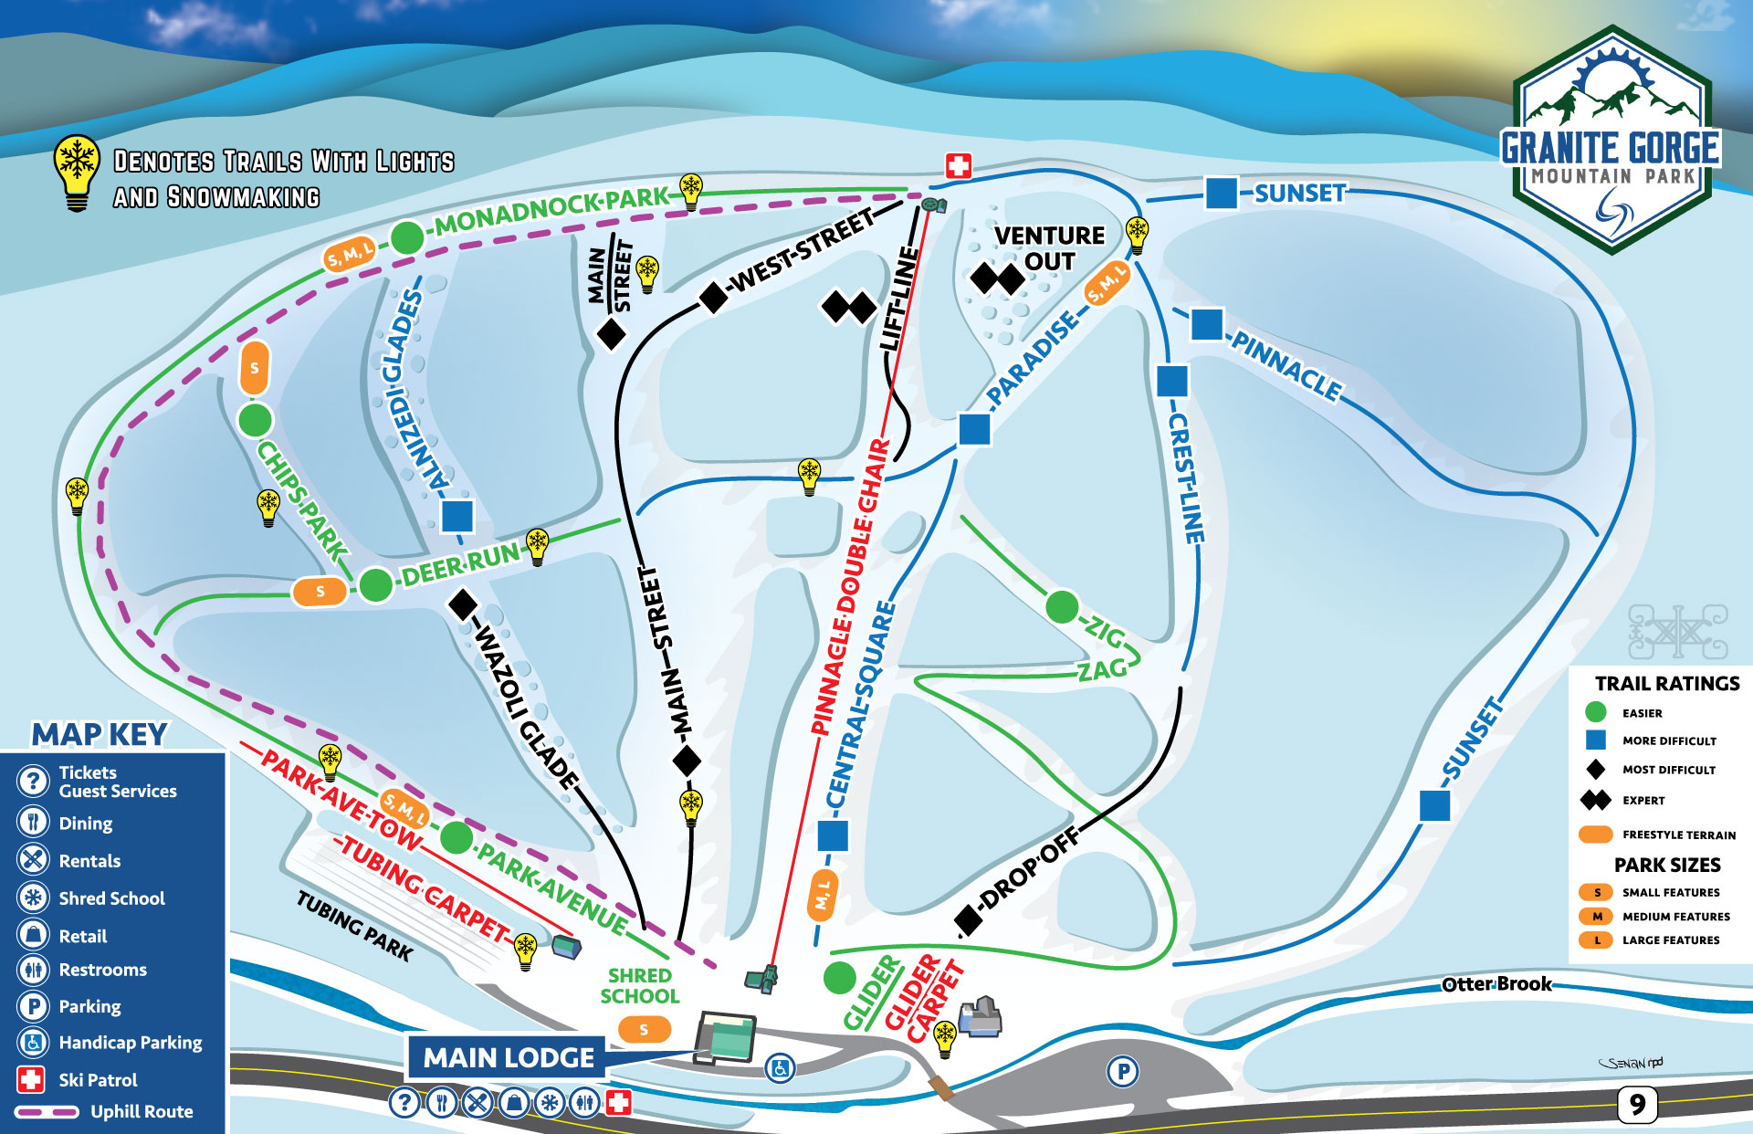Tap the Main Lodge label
[509, 1057]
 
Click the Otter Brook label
[1496, 984]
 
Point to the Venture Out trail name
[1049, 248]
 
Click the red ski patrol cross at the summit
[958, 165]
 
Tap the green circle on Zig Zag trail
[1062, 606]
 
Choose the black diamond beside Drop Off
[969, 920]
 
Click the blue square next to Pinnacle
[1207, 324]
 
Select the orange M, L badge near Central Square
[823, 893]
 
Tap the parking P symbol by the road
[1123, 1071]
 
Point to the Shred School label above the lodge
[640, 986]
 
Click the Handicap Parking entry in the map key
[131, 1042]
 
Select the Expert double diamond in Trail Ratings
[1596, 800]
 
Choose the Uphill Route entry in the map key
[142, 1111]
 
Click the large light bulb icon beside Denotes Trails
[78, 172]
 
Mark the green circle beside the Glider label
[839, 978]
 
